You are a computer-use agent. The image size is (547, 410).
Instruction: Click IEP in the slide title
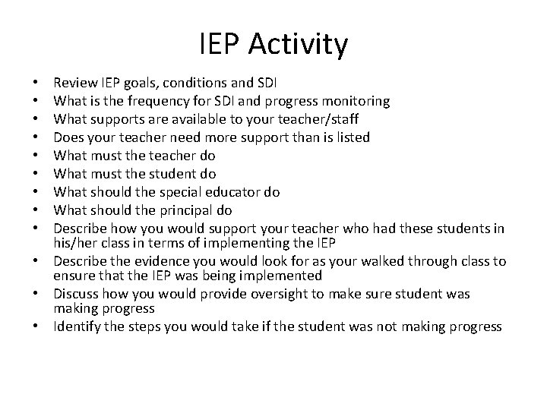click(220, 46)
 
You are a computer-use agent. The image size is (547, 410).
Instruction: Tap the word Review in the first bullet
click(74, 83)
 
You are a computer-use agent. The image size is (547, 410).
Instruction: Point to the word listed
click(350, 137)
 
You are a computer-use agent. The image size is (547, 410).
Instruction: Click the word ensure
click(73, 276)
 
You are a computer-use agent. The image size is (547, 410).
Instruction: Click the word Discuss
click(76, 294)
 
